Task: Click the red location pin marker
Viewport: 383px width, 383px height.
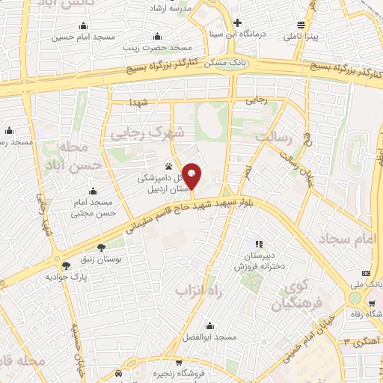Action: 192,176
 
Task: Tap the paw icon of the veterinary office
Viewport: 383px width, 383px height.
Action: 168,166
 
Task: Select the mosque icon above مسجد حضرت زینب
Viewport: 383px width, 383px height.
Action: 156,37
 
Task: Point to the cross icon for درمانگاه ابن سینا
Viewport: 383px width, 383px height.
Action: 237,22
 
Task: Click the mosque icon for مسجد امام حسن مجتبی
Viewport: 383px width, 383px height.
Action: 93,190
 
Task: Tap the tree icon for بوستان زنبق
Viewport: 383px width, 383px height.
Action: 100,245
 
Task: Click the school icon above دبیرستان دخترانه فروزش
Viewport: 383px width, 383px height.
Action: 259,243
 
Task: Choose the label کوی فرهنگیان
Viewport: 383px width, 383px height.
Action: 289,295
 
